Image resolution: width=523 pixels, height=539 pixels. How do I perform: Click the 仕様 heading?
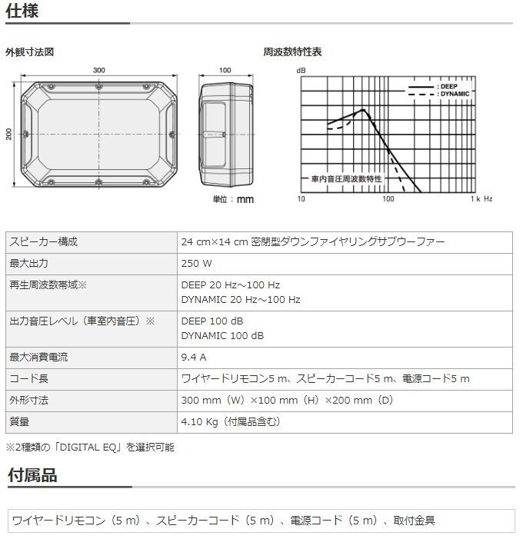click(22, 12)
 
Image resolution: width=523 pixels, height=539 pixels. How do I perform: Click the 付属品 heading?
click(32, 475)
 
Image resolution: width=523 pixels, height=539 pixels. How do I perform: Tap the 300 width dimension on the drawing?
click(99, 70)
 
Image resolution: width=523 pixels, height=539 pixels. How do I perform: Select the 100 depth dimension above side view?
click(225, 70)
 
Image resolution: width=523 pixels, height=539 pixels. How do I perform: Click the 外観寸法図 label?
click(29, 52)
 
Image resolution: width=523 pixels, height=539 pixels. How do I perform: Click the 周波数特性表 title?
click(292, 52)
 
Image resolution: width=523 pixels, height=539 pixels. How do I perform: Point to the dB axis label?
click(301, 71)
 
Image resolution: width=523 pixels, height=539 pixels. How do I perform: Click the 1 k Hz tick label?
click(482, 198)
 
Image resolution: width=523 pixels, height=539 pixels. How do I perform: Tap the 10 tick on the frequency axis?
click(301, 198)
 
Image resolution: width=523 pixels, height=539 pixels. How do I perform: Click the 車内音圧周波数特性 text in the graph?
click(346, 178)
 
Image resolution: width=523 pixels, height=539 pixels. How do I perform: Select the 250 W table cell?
click(196, 263)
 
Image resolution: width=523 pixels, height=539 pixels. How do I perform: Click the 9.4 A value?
click(193, 357)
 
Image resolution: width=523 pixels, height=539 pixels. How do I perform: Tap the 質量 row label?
click(19, 421)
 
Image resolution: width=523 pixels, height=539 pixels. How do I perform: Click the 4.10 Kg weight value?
click(231, 421)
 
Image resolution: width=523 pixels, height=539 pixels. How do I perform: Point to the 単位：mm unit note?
click(233, 199)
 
